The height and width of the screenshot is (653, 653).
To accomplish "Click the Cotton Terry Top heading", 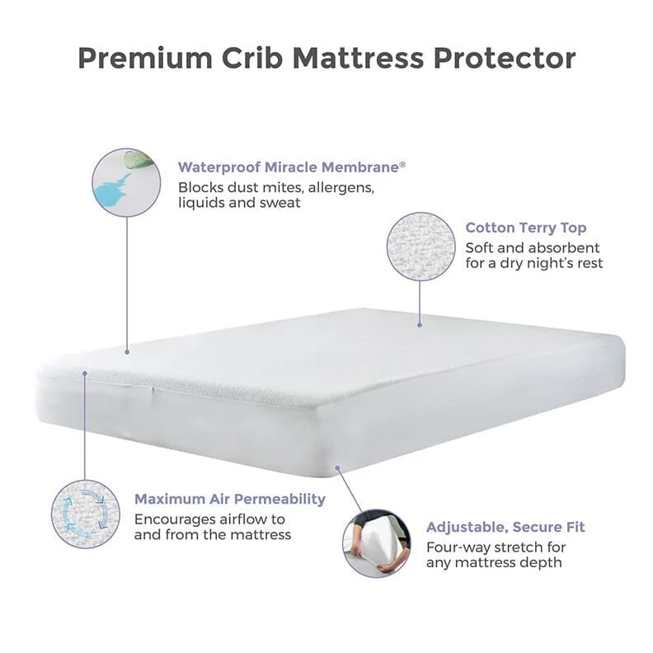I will (x=526, y=228).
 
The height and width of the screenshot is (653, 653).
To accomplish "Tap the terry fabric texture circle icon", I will (x=420, y=247).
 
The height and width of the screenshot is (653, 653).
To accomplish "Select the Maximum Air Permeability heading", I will (x=230, y=499).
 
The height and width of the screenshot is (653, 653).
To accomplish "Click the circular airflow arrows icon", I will (x=85, y=514).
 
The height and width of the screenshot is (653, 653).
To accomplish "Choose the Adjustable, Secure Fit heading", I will (x=506, y=526).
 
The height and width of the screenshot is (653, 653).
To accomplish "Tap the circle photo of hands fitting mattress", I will (x=376, y=542).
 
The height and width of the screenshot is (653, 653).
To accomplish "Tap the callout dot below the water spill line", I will (x=126, y=351).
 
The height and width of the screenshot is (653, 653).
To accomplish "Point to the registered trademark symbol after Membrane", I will (x=402, y=162).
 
